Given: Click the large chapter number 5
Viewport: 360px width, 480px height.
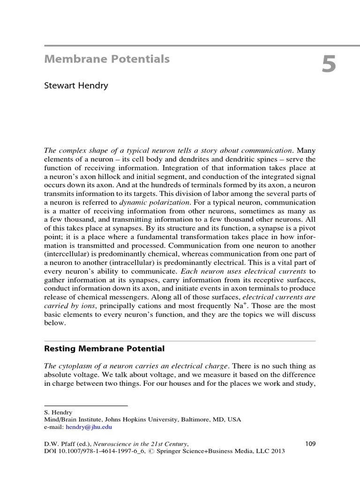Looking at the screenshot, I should click(329, 65).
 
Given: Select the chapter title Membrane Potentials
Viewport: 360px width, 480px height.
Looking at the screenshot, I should click(106, 59).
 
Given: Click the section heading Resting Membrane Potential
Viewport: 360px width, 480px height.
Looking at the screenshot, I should click(104, 349).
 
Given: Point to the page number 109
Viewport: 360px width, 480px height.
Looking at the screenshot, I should click(310, 443).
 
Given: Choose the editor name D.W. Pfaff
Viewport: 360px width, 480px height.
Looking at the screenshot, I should click(59, 443).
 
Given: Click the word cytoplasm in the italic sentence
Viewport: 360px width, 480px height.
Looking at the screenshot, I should click(75, 367).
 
